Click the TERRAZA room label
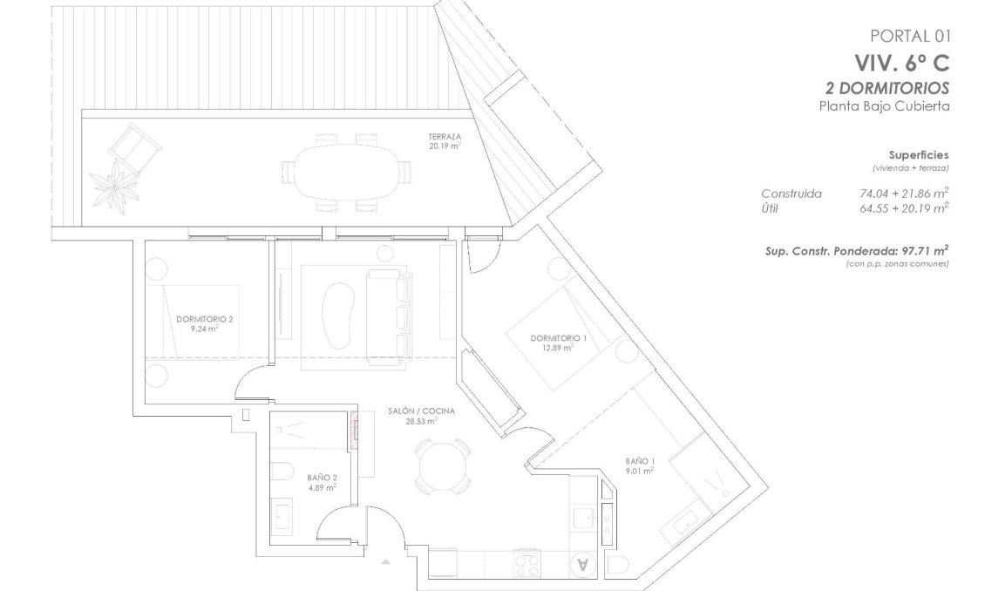tap(444, 138)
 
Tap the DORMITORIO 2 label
tap(204, 320)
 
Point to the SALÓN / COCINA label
tap(421, 411)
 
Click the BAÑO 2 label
tap(322, 479)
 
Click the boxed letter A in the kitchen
tap(583, 563)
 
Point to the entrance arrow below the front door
tap(384, 564)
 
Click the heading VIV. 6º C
tap(901, 63)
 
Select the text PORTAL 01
tap(908, 36)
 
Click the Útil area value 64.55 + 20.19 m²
tap(903, 207)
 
